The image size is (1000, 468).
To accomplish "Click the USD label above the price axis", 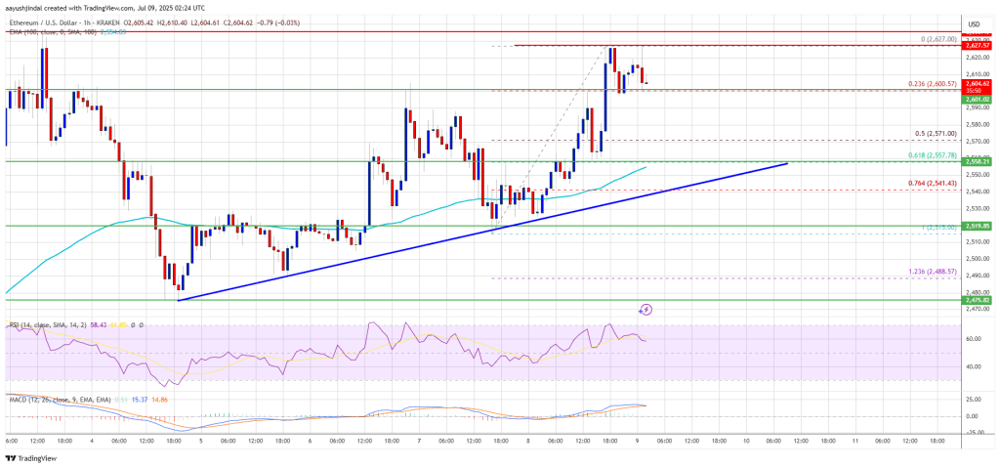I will coord(973,23).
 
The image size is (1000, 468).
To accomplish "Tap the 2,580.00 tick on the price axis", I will coord(973,124).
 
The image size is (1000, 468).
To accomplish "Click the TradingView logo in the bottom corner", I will coord(30,458).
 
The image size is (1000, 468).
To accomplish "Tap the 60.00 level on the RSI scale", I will coord(973,339).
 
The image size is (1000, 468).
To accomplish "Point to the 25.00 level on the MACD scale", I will coord(973,399).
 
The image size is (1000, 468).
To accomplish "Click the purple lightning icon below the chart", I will coord(646,310).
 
